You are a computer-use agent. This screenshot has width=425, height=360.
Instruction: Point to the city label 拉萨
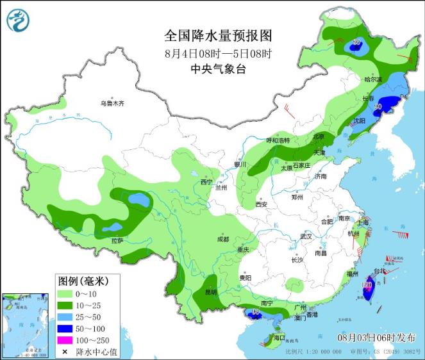click(x=117, y=241)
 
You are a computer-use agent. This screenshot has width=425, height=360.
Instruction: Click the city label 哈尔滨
click(x=372, y=80)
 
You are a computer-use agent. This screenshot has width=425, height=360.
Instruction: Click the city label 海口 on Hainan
click(x=278, y=337)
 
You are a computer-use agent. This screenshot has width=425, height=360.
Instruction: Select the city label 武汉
click(x=305, y=236)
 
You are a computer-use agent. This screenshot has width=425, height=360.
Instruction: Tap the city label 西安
click(x=260, y=205)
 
